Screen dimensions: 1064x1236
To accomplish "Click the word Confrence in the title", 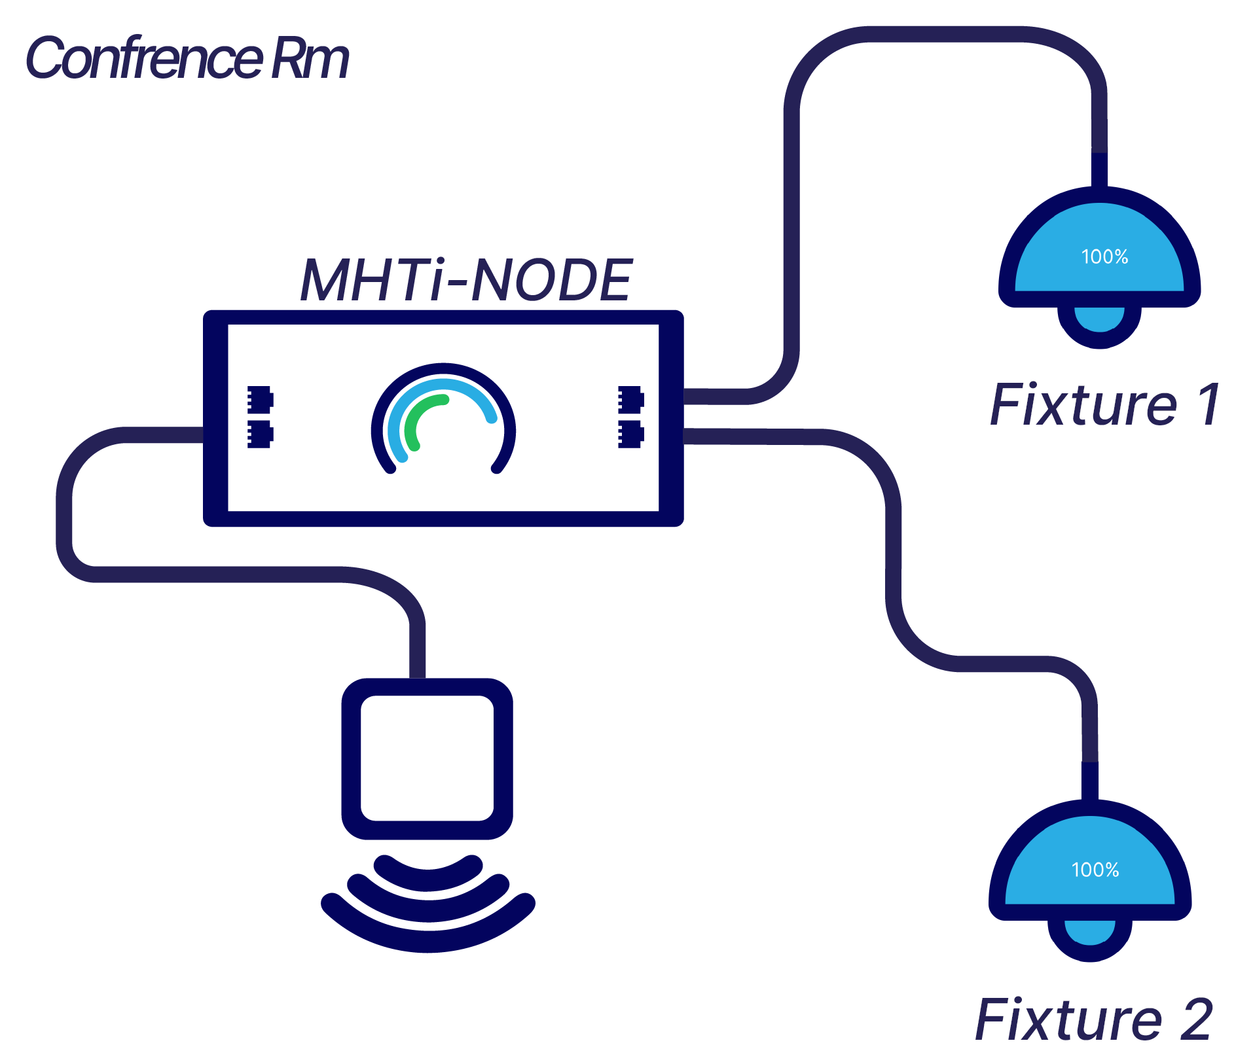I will pyautogui.click(x=144, y=59).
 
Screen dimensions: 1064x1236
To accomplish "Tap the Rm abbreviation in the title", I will pyautogui.click(x=310, y=59).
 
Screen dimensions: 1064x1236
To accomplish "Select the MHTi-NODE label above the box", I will pyautogui.click(x=465, y=280).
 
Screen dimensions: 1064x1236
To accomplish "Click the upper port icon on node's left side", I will pyautogui.click(x=260, y=399).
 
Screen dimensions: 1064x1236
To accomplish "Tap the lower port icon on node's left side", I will pyautogui.click(x=260, y=434).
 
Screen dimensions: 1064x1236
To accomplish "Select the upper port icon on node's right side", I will pyautogui.click(x=630, y=399).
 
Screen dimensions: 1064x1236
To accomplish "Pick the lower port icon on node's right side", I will pyautogui.click(x=630, y=434).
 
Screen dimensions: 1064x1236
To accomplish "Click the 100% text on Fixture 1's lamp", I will pyautogui.click(x=1104, y=257).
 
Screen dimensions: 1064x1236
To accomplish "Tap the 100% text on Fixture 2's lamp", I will pyautogui.click(x=1095, y=870).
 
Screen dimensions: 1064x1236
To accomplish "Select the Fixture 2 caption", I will pyautogui.click(x=1093, y=1019).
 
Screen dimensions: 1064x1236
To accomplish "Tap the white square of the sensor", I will pyautogui.click(x=427, y=758).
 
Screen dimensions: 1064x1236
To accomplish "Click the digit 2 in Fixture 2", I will pyautogui.click(x=1196, y=1019).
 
